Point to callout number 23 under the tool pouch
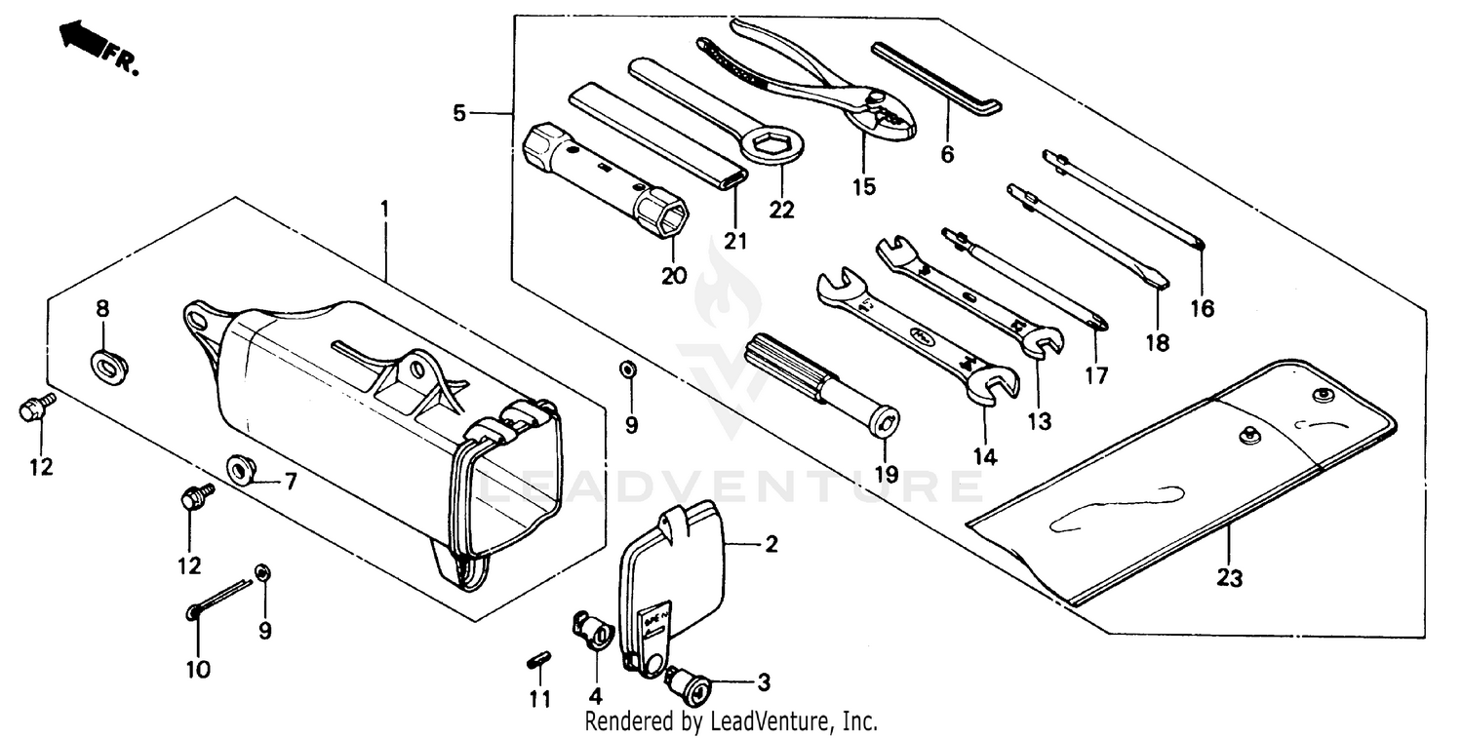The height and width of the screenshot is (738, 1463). [1230, 579]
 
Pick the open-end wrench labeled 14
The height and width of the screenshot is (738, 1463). [907, 331]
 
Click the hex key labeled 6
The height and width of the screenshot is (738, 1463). [936, 78]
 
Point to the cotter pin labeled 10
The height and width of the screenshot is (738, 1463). [219, 598]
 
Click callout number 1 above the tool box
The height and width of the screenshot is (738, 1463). [384, 208]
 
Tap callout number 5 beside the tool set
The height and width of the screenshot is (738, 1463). [459, 114]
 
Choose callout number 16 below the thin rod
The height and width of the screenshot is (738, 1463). [1202, 309]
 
